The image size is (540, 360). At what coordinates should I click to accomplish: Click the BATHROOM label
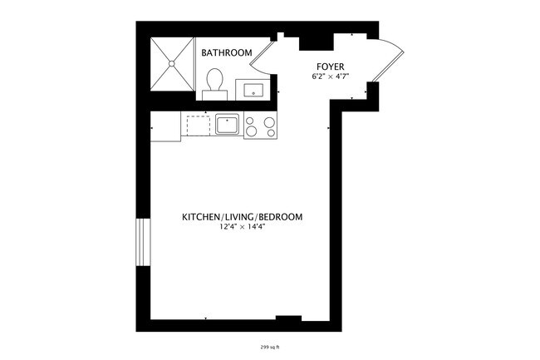[x=226, y=53]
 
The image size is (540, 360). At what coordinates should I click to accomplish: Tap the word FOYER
[x=331, y=67]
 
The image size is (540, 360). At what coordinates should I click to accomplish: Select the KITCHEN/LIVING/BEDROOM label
[x=242, y=217]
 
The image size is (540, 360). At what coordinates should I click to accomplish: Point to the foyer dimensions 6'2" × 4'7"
[x=331, y=77]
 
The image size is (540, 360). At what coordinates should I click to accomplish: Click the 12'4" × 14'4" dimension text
[x=242, y=227]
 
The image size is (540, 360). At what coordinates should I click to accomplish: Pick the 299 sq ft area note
[x=269, y=348]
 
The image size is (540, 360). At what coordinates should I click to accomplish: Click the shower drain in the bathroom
[x=172, y=63]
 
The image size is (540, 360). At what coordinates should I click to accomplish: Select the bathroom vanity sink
[x=251, y=88]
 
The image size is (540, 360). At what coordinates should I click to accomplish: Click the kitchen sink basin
[x=228, y=126]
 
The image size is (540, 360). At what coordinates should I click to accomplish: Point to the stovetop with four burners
[x=261, y=126]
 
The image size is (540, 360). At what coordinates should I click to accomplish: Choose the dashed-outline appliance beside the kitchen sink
[x=198, y=126]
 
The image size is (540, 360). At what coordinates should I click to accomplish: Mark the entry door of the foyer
[x=387, y=62]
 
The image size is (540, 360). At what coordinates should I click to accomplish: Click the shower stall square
[x=172, y=63]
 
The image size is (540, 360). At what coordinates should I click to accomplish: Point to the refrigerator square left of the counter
[x=165, y=126]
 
